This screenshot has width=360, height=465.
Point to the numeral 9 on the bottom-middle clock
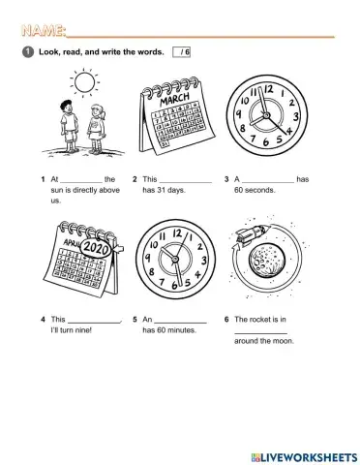coord(147,263)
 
